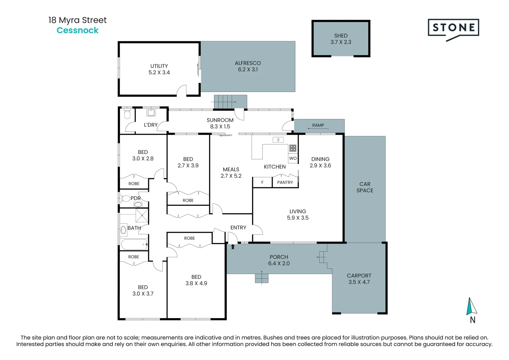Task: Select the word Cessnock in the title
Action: point(77,30)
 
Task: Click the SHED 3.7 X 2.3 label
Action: point(341,39)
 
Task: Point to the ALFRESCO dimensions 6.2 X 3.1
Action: point(248,70)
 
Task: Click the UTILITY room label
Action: point(159,66)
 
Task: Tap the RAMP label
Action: point(318,125)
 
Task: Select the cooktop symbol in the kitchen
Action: point(293,148)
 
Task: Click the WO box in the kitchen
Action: point(293,158)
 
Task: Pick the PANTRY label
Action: point(285,183)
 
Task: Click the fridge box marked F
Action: point(262,183)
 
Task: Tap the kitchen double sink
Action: point(278,140)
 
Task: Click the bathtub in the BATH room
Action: point(134,244)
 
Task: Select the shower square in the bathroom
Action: point(142,215)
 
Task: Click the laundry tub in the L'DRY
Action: point(151,113)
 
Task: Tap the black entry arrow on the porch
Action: point(233,247)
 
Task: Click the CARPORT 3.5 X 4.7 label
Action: point(359,279)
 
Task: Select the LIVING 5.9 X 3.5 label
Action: point(298,215)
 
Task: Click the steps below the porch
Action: point(262,278)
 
